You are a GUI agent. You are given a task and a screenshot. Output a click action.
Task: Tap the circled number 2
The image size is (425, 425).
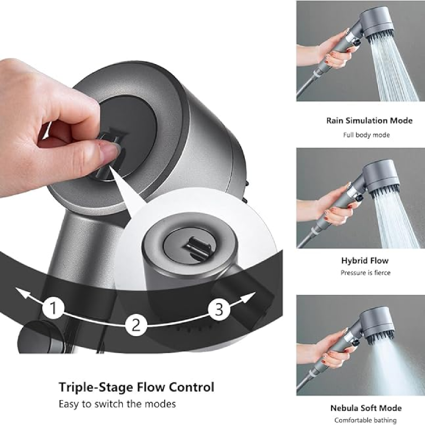click(x=137, y=324)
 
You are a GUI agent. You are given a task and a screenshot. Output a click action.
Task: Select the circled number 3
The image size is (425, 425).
click(x=218, y=309)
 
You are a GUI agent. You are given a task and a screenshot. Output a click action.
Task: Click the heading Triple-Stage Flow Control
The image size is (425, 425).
click(x=137, y=387)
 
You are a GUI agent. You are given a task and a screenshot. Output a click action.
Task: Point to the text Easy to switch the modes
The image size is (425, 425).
click(x=117, y=404)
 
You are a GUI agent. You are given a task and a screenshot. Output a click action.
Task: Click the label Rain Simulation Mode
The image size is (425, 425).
click(x=369, y=121)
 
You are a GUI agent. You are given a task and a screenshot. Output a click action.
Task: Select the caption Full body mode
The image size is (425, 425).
click(x=365, y=135)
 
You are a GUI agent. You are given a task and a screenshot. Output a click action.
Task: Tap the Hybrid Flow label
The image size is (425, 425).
click(x=365, y=260)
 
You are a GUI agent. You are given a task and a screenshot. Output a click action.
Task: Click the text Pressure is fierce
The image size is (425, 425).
click(x=365, y=273)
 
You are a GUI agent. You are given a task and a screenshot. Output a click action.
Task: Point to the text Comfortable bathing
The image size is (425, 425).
click(x=365, y=420)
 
